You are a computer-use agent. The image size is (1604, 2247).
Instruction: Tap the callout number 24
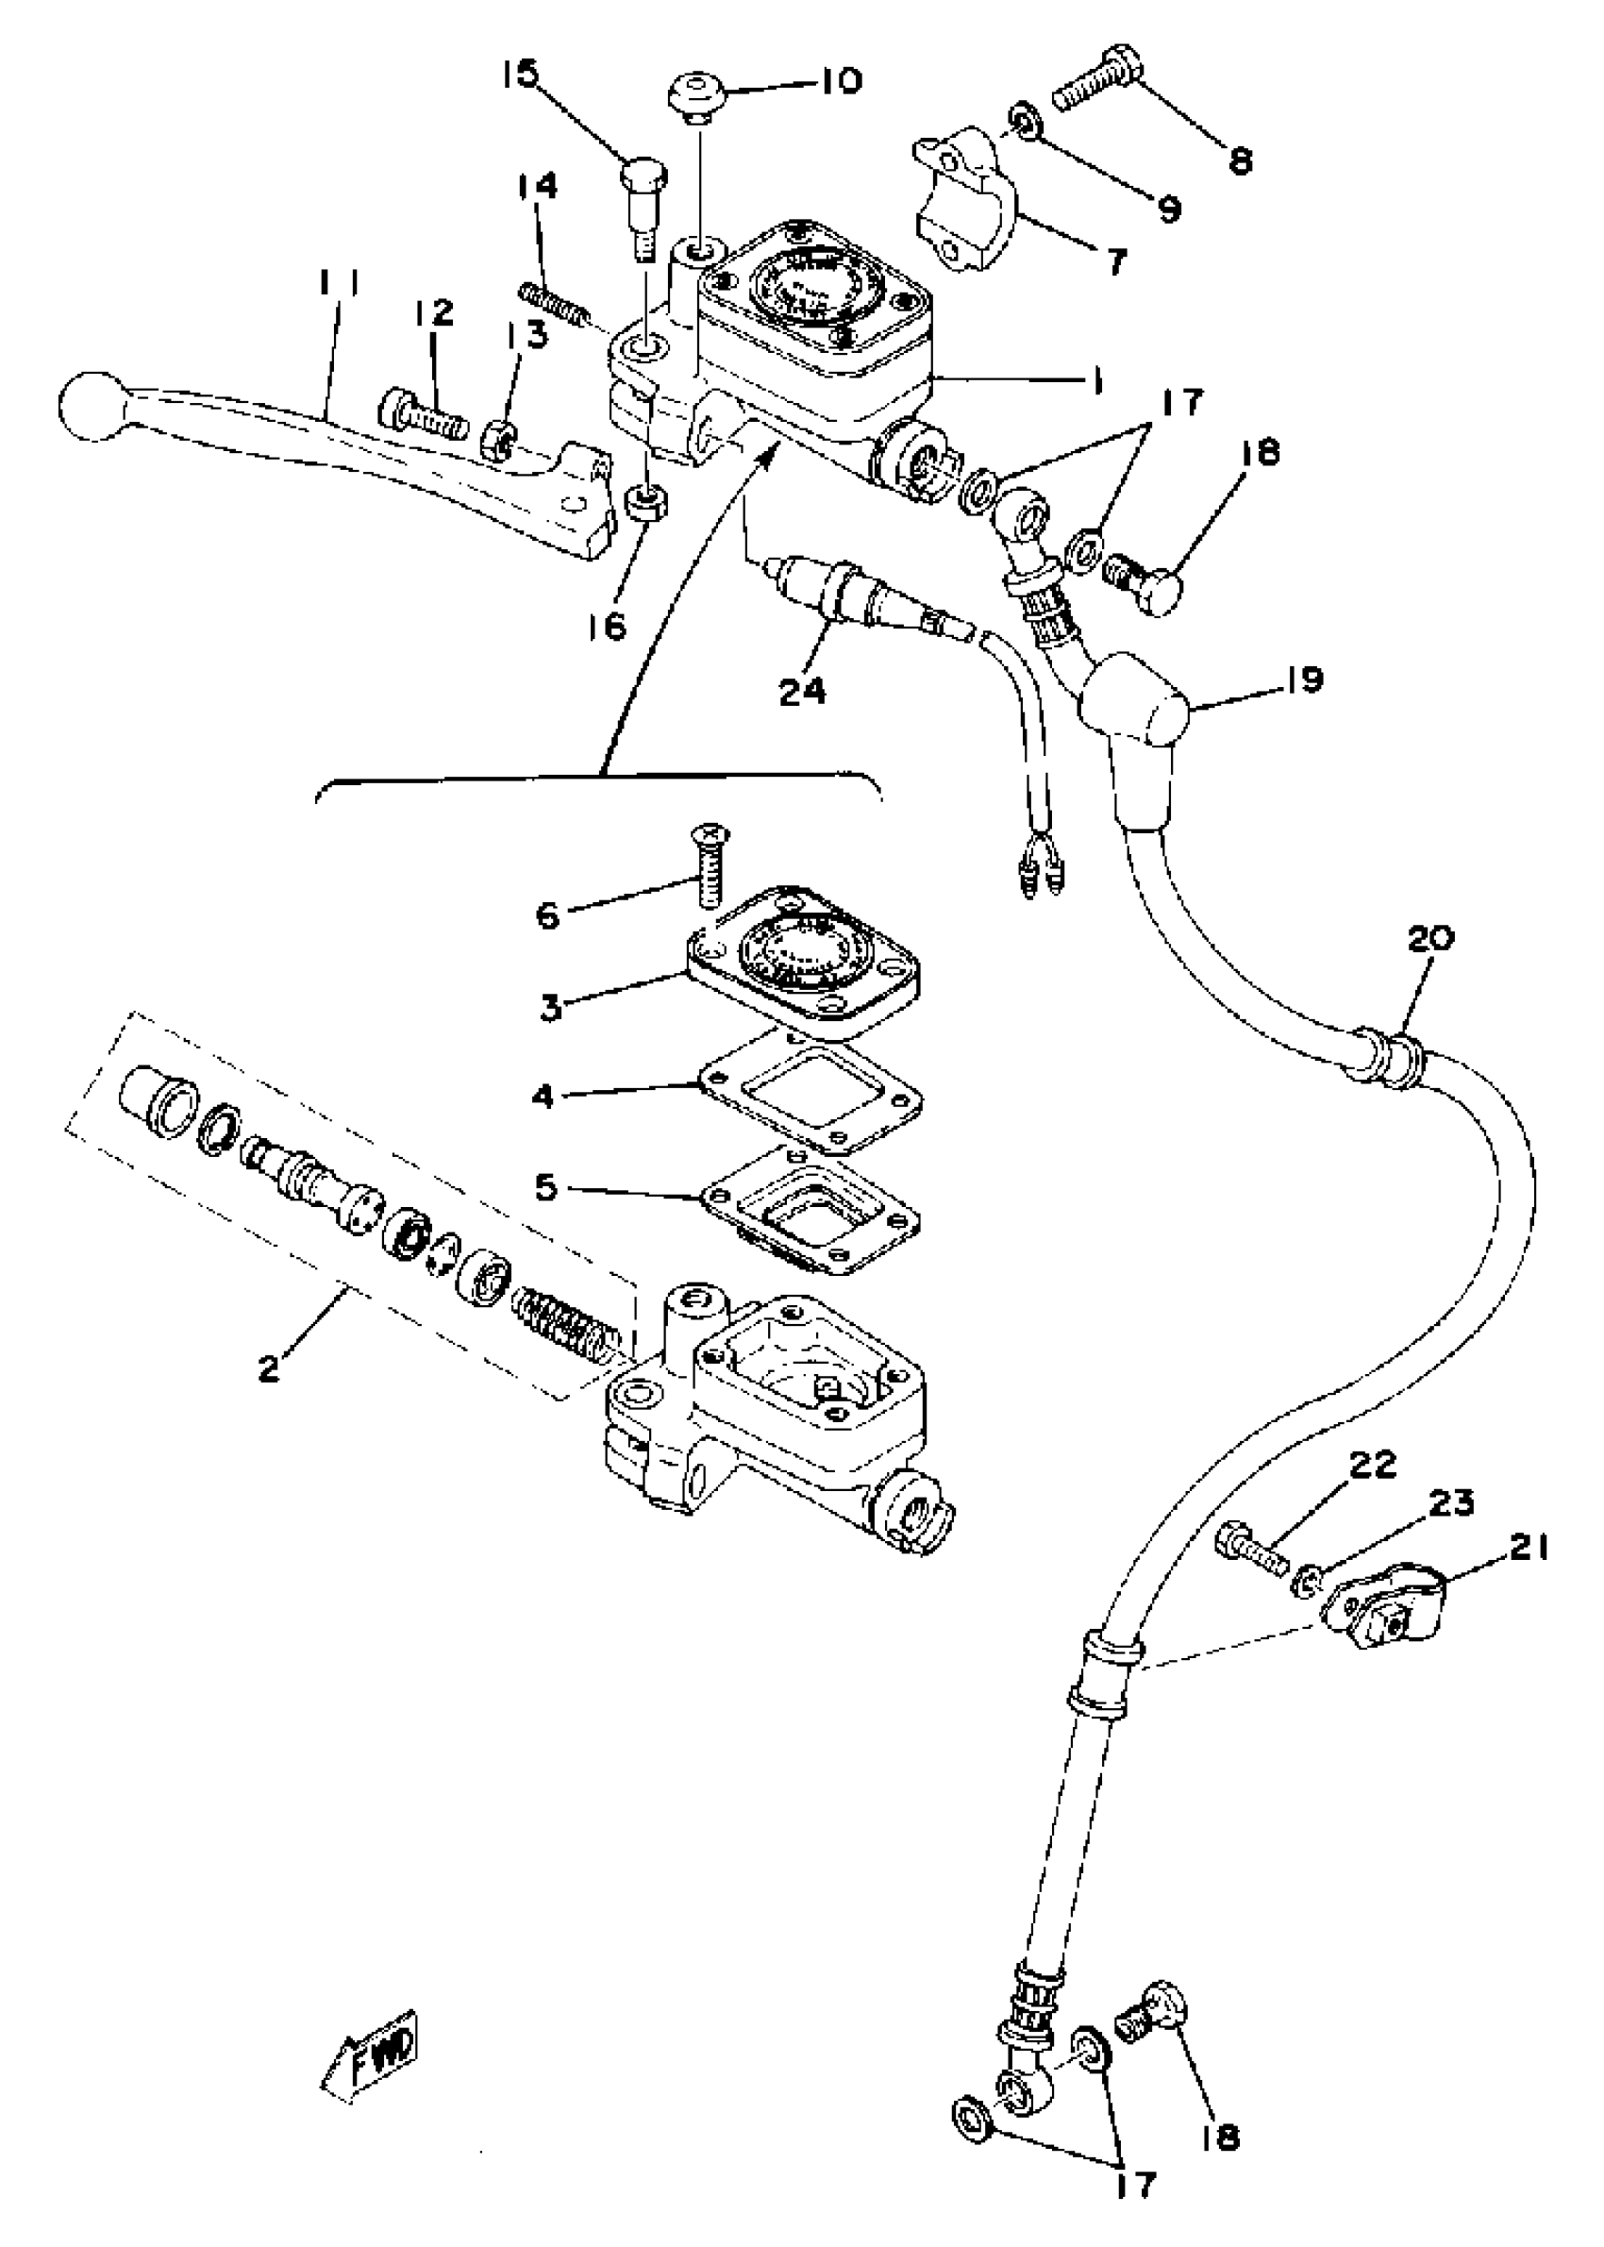pos(802,691)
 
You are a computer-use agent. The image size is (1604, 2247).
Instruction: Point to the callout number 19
pos(1304,680)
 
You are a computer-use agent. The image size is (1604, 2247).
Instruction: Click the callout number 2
pos(269,1369)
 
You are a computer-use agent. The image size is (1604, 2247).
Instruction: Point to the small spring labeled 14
pos(557,303)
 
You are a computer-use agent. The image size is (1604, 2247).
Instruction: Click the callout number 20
pos(1430,937)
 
